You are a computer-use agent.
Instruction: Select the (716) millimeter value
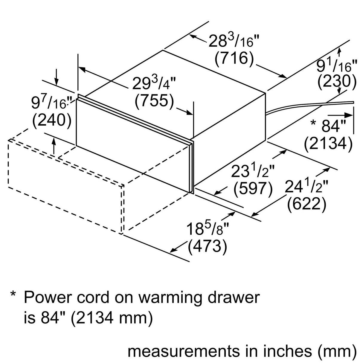234,59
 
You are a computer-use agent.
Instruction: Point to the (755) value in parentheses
155,101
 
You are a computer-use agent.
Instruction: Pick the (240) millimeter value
51,120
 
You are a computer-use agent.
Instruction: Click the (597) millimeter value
253,189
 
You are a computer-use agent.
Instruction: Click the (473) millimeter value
207,247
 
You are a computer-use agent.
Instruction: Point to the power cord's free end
353,103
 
